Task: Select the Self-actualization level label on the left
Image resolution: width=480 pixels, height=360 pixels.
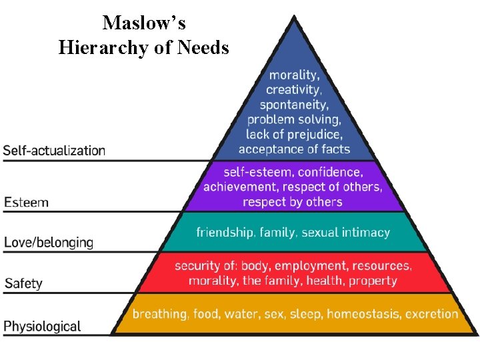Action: [x=54, y=150]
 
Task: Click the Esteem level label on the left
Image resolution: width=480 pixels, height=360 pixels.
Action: [x=27, y=201]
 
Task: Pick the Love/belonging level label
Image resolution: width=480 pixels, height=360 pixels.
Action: [x=49, y=242]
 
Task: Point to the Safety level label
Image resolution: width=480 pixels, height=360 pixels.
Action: [x=23, y=283]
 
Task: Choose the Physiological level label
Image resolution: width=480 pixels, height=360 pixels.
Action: [x=43, y=326]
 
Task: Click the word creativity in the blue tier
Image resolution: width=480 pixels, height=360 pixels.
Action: [x=294, y=89]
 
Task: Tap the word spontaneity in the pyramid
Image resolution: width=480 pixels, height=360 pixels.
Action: [x=294, y=105]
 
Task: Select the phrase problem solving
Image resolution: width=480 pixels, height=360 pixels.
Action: [x=294, y=119]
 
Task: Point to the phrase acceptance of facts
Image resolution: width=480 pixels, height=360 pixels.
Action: [x=294, y=149]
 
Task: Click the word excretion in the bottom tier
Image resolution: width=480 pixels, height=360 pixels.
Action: [x=432, y=313]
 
